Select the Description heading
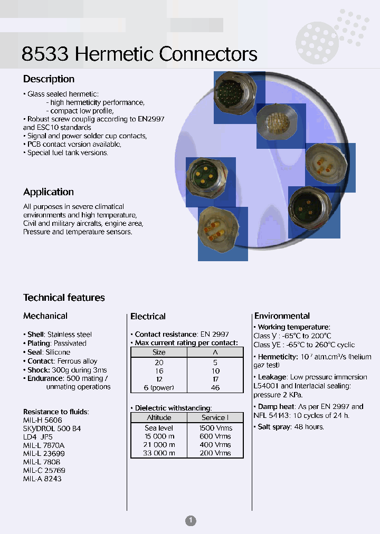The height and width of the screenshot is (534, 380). click(x=49, y=79)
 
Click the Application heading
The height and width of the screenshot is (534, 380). click(x=49, y=192)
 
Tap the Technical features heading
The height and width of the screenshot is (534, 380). click(x=64, y=298)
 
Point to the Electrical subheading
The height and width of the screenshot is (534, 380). click(x=148, y=317)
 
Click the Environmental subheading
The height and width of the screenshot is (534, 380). click(x=282, y=316)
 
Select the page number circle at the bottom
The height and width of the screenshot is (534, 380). click(x=191, y=521)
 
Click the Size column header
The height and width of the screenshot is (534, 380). click(x=159, y=352)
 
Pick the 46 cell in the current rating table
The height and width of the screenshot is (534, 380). click(x=215, y=388)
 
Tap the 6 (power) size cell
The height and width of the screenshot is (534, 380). click(x=159, y=388)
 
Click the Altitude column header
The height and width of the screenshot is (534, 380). click(x=159, y=417)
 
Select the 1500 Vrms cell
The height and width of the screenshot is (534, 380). click(x=215, y=428)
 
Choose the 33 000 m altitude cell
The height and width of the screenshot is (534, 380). click(x=159, y=453)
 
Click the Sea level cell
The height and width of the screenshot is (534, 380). click(x=159, y=428)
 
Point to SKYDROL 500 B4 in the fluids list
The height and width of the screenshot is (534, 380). click(x=52, y=428)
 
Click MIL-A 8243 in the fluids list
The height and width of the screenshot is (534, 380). click(x=42, y=479)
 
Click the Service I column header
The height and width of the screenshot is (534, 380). click(x=215, y=417)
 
